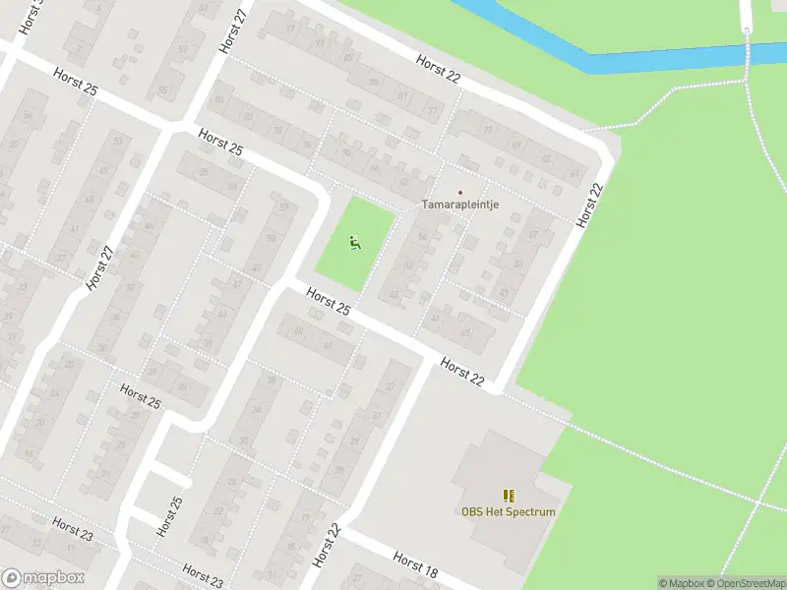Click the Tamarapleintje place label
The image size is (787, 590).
461,205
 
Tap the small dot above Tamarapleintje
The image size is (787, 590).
459,192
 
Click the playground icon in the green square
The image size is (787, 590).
354,241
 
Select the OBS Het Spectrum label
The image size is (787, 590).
508,511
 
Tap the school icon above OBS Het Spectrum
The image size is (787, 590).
508,496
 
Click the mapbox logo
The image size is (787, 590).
43,578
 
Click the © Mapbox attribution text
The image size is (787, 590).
682,583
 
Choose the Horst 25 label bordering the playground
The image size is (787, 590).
329,302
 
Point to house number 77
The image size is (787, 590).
431,110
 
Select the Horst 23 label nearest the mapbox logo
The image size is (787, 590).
72,529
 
